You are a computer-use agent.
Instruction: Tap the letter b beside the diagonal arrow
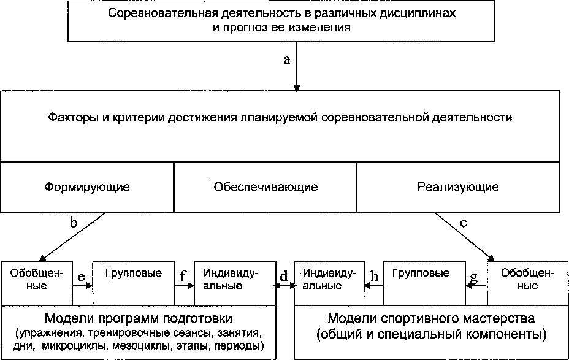[x=74, y=223]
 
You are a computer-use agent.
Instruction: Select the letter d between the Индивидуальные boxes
[x=284, y=277]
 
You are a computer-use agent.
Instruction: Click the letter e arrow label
[x=81, y=277]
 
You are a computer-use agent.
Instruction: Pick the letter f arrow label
[x=183, y=277]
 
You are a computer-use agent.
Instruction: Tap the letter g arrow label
[x=473, y=278]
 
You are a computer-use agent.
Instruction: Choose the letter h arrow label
[x=373, y=277]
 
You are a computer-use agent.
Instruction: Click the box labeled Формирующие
[x=88, y=186]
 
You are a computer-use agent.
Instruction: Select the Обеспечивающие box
[x=265, y=186]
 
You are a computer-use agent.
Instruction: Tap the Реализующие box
[x=458, y=186]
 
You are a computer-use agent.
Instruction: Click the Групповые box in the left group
[x=133, y=282]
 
